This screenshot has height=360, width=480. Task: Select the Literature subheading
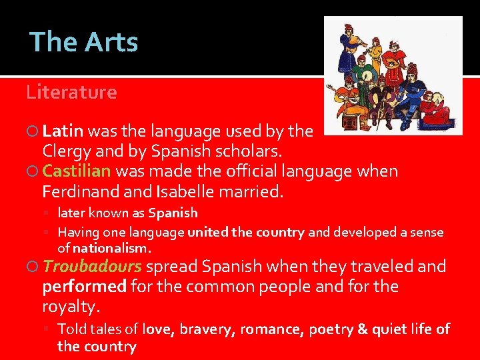coord(71,92)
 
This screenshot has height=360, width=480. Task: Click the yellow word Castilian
coord(77,172)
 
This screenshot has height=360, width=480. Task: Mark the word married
coord(251,193)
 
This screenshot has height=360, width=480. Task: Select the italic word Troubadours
coord(92,267)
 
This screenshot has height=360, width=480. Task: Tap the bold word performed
coord(84,287)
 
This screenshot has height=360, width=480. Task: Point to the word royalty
coord(71,307)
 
